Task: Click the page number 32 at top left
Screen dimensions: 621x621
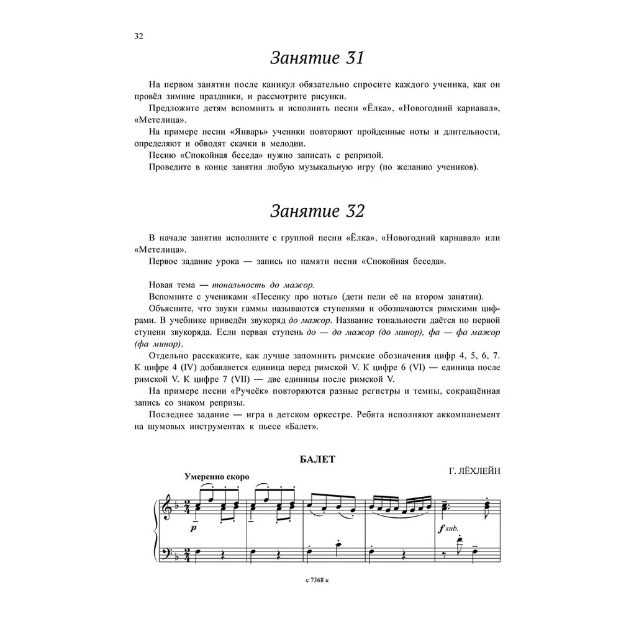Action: pyautogui.click(x=139, y=35)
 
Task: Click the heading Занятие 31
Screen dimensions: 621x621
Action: pyautogui.click(x=317, y=58)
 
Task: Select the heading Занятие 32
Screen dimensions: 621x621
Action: pyautogui.click(x=317, y=211)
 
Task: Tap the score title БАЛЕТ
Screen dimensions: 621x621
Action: pyautogui.click(x=317, y=460)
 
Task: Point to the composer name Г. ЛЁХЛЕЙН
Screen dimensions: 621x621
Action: pyautogui.click(x=474, y=471)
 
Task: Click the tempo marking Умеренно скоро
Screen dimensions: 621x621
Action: pyautogui.click(x=217, y=477)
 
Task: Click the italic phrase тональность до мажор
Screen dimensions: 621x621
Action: pyautogui.click(x=263, y=284)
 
